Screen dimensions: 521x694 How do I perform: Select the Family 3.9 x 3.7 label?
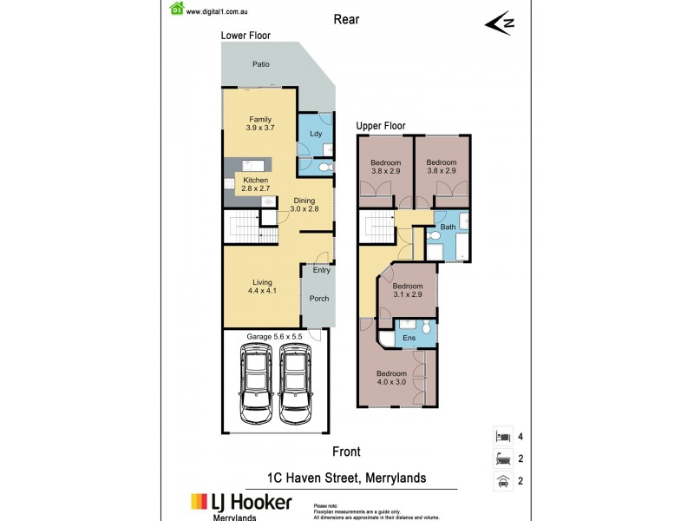tap(260, 124)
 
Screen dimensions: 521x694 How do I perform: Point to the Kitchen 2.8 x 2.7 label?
tap(255, 184)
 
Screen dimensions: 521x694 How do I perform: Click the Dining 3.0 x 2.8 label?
tap(304, 205)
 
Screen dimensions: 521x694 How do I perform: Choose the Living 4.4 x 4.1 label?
tap(262, 287)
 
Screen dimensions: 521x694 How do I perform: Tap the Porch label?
tap(319, 300)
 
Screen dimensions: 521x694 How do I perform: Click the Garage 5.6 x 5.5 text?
tap(274, 335)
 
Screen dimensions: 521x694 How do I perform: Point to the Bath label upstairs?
tap(448, 228)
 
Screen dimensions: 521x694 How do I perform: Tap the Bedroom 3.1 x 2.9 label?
tap(407, 291)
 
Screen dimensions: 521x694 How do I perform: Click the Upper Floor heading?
tap(381, 126)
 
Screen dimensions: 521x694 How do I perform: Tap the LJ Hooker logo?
tap(241, 503)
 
